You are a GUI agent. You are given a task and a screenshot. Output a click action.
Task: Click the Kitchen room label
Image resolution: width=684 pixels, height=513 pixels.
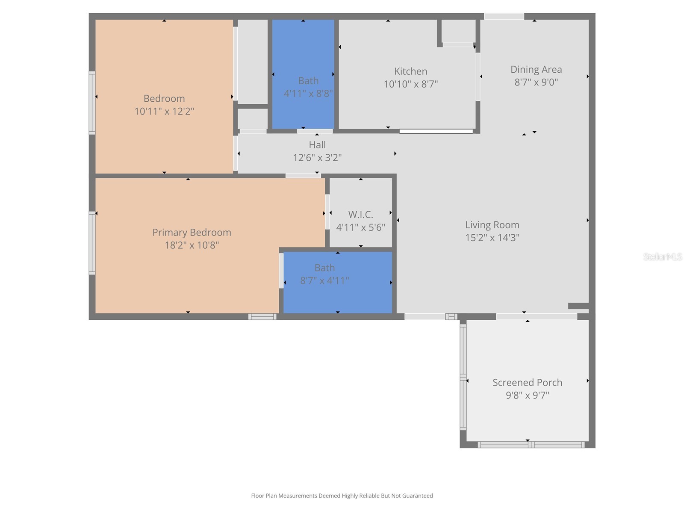coord(410,71)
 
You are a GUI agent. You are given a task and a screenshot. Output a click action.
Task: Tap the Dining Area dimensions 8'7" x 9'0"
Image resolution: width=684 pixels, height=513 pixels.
coord(536,82)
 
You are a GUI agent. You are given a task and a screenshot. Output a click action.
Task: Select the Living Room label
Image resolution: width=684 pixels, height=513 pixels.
coord(492,225)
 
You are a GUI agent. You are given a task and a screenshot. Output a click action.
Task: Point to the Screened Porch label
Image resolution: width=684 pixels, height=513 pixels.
coord(527,383)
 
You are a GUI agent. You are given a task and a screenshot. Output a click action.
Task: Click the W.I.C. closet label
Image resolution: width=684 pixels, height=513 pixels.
coord(360,215)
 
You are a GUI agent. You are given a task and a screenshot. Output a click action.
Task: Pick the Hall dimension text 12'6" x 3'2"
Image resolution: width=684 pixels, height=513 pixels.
coord(317,158)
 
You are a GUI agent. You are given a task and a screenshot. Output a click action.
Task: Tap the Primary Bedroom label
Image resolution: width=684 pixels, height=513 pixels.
coord(192,233)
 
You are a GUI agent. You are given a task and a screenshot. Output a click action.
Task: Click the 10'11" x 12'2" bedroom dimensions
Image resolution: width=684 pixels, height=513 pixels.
coord(164,112)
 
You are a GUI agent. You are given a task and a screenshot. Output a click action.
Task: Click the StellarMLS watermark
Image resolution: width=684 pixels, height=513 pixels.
coord(662,256)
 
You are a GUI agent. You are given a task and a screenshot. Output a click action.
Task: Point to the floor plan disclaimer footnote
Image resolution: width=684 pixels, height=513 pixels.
coord(342,496)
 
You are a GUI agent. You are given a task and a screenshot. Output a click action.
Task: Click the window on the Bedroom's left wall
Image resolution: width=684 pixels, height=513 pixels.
coord(92,103)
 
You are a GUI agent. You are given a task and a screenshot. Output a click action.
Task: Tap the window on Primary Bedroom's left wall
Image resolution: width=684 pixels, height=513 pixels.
coord(92,242)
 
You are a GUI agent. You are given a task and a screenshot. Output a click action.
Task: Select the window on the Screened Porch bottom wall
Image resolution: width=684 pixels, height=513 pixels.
coord(531,445)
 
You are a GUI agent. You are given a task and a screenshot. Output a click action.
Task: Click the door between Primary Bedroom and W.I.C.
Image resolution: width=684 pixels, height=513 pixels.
coord(327,212)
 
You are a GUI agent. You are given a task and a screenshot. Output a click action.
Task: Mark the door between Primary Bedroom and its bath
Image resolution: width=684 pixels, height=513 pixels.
coord(281,271)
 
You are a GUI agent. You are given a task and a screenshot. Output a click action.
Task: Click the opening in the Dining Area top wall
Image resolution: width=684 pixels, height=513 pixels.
coord(504,16)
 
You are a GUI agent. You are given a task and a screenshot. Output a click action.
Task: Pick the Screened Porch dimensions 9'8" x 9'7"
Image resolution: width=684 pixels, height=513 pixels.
coord(527,395)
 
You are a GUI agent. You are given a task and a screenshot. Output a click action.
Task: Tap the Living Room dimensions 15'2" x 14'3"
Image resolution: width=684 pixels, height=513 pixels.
coord(492,238)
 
